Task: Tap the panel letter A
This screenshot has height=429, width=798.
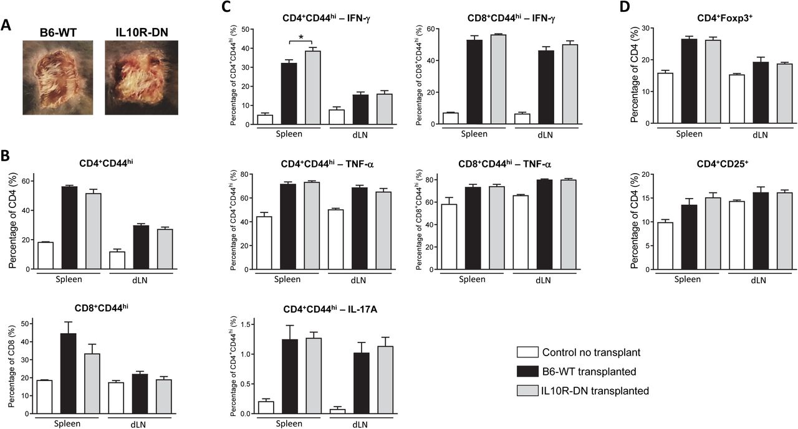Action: (x=6, y=26)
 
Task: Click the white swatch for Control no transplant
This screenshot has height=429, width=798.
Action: (x=527, y=353)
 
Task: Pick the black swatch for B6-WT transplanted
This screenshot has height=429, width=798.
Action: (x=527, y=372)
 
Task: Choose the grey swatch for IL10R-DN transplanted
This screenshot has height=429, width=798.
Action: (x=527, y=390)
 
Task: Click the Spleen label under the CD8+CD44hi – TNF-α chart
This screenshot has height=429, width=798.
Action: (x=472, y=280)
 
